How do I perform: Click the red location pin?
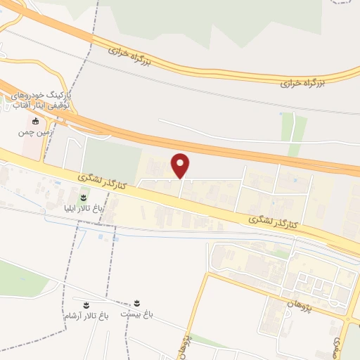click(x=181, y=165)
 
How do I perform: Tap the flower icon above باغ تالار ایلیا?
click(x=84, y=198)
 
